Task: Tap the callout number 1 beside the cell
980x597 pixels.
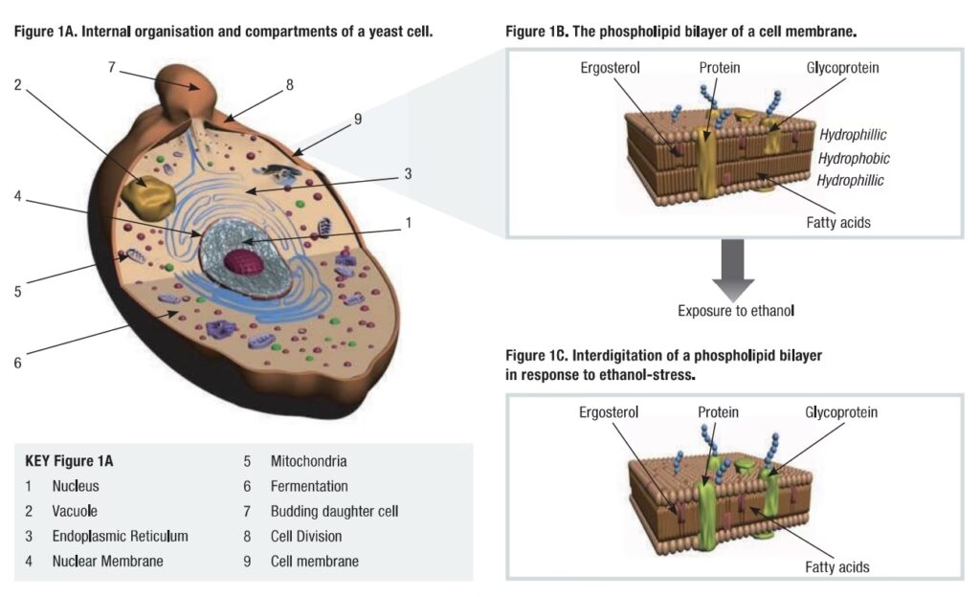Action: point(408,223)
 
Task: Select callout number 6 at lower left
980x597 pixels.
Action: point(17,363)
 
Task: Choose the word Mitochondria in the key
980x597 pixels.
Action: point(308,461)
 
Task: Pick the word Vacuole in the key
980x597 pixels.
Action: point(75,511)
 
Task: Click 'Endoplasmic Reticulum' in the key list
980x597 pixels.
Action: point(120,536)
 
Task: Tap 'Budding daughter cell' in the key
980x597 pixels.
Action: point(334,511)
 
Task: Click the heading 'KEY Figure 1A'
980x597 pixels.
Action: point(78,461)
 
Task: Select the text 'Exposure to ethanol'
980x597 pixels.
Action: point(733,310)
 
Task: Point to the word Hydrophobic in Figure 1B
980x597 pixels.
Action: point(854,158)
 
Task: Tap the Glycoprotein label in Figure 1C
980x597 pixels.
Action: point(841,412)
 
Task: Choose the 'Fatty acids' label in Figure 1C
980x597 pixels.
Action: point(836,567)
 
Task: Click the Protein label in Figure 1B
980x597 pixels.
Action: point(719,68)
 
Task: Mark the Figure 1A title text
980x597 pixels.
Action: point(223,32)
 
